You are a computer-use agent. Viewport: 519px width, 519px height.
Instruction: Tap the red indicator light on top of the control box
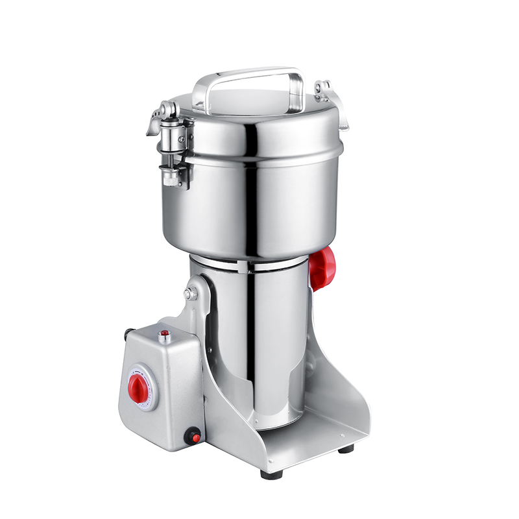click(x=165, y=333)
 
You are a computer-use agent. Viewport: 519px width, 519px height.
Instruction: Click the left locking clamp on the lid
click(x=170, y=139)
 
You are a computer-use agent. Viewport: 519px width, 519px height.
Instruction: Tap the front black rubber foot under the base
click(x=271, y=474)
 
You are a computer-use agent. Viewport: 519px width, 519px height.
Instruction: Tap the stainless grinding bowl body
click(x=259, y=201)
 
